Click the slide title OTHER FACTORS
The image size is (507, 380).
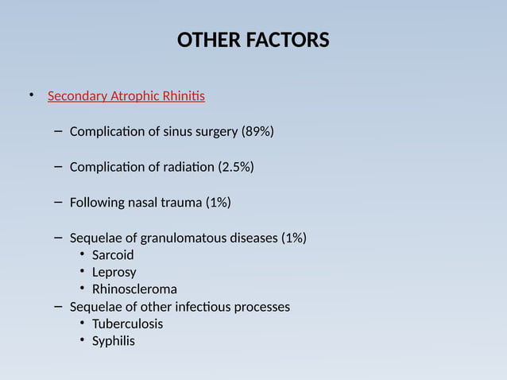tap(253, 41)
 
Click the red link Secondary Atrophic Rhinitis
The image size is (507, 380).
tap(126, 97)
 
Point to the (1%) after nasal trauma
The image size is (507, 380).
tap(219, 203)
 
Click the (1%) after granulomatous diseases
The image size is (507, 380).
tap(293, 238)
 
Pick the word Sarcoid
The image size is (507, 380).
tap(113, 255)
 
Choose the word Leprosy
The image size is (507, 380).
tap(114, 273)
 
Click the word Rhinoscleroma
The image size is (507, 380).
tap(134, 289)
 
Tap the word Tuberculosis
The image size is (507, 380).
tap(127, 324)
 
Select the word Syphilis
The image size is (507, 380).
tap(113, 341)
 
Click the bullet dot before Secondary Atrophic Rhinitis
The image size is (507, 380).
tap(32, 96)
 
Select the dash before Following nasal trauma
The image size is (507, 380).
tap(59, 202)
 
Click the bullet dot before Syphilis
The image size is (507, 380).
tap(83, 341)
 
